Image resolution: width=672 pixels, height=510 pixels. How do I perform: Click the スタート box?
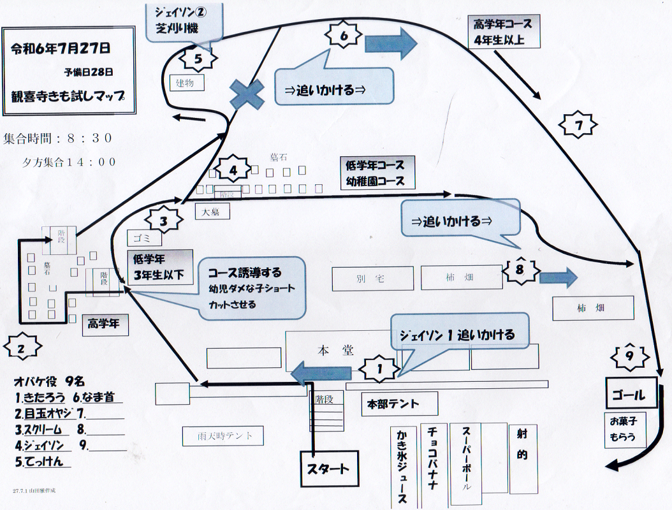point(328,469)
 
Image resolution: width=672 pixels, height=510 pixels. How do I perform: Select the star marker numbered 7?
point(579,126)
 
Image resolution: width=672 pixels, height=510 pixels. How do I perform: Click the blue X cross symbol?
point(247,94)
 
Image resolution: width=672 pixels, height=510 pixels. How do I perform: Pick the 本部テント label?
point(400,404)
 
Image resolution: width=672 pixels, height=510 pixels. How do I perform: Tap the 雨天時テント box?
point(222,436)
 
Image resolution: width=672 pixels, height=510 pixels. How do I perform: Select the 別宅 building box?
point(372,278)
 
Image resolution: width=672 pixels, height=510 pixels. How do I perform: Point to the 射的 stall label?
point(522,446)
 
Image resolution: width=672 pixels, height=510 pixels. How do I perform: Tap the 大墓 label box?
point(212,212)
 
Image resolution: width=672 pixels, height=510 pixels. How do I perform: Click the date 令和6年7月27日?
point(61,48)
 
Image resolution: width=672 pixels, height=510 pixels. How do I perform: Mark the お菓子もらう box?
point(625,430)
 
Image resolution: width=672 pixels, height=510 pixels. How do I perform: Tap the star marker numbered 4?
point(233,170)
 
